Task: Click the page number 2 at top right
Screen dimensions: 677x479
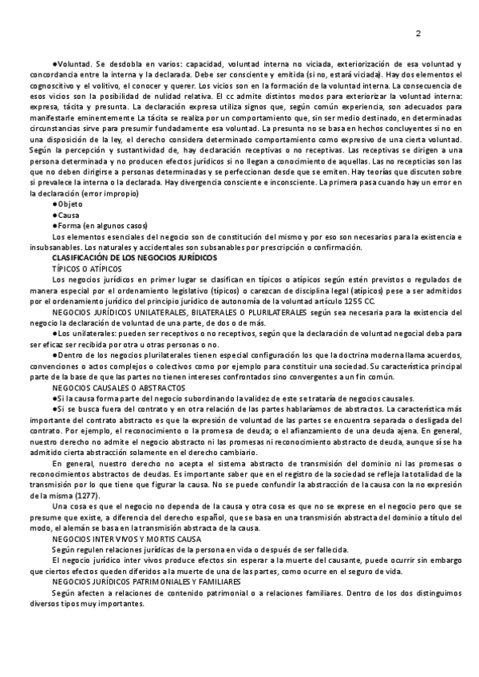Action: coord(418,33)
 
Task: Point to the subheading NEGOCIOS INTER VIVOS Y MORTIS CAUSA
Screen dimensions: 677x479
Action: coord(126,540)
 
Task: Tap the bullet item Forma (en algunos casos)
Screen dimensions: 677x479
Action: coord(98,225)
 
